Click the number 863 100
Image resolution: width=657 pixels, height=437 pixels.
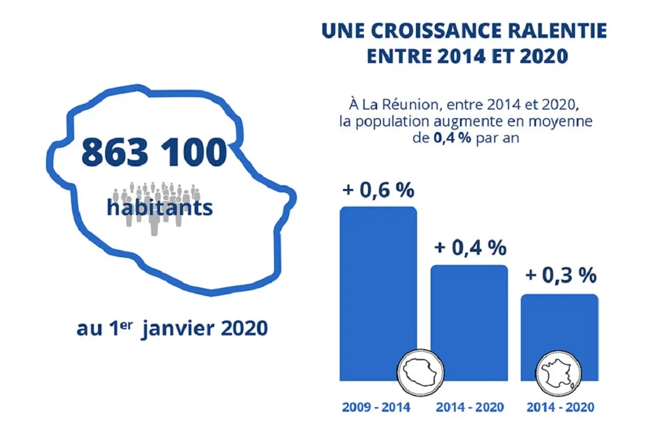[153, 153]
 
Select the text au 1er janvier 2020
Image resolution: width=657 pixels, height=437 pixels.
[172, 327]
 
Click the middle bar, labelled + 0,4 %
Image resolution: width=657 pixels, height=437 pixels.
[469, 315]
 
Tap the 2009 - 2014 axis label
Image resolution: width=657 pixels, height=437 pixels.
[376, 407]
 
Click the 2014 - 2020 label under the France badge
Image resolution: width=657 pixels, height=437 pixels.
[560, 407]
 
